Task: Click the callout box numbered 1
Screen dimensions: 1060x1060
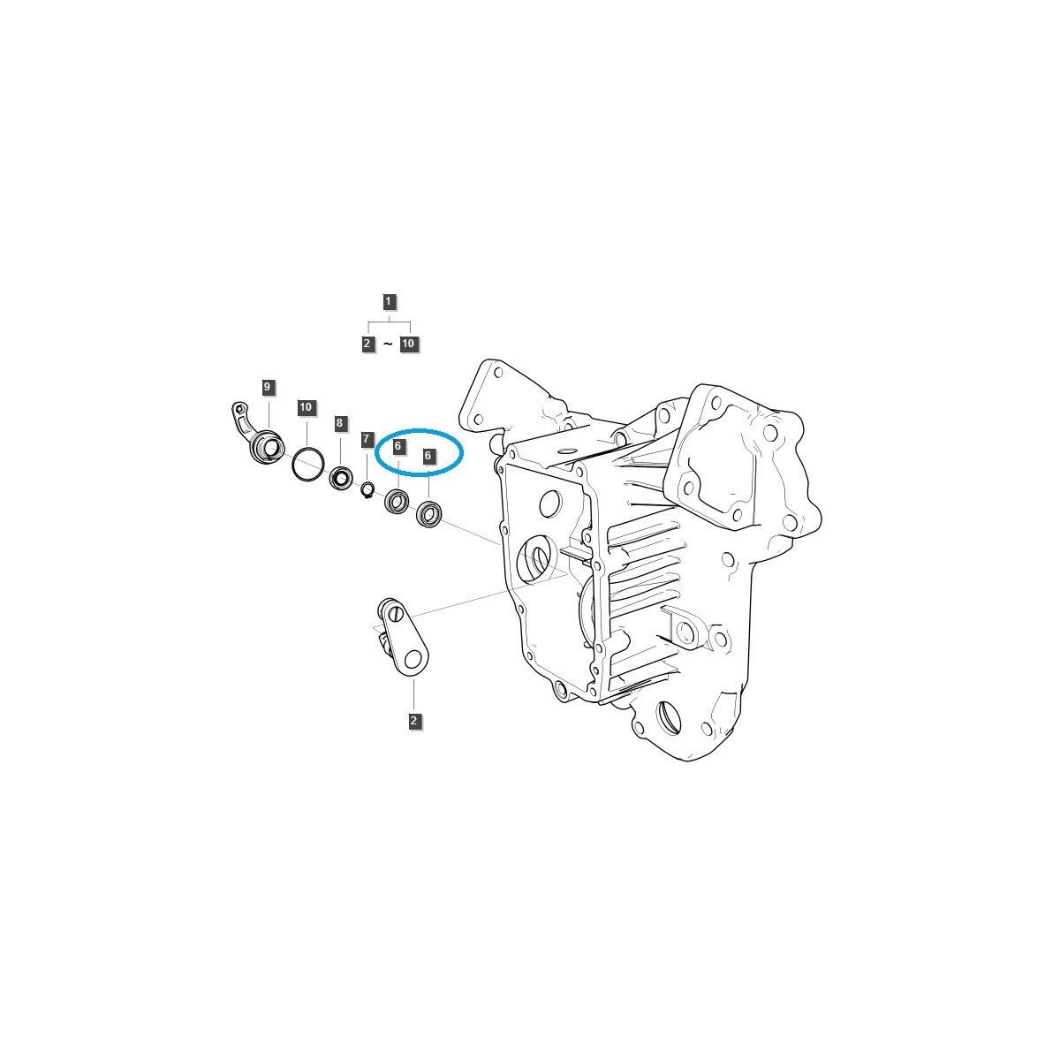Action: [389, 301]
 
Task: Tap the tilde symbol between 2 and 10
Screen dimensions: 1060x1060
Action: [388, 344]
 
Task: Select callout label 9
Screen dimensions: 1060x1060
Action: [267, 387]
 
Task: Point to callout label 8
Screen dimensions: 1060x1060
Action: [339, 424]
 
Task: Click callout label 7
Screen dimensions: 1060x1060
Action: [366, 439]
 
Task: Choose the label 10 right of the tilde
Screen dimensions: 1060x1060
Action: [408, 344]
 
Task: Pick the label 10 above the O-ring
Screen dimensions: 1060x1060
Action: [306, 407]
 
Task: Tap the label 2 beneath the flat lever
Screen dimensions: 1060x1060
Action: [413, 721]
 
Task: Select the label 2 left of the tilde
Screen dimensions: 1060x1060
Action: [368, 344]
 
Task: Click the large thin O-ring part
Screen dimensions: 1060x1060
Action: [307, 465]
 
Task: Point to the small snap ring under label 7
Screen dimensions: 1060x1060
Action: [368, 488]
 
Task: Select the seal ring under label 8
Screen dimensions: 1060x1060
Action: [341, 480]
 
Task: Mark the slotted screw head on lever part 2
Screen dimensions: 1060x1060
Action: [395, 610]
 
